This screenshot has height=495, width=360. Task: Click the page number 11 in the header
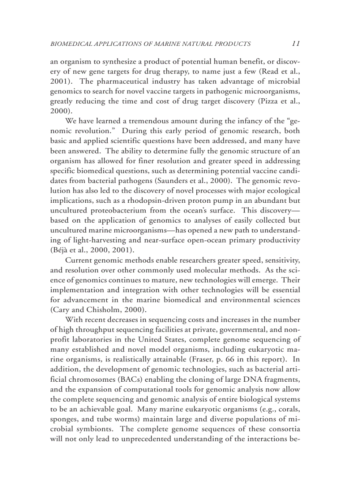pos(296,44)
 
